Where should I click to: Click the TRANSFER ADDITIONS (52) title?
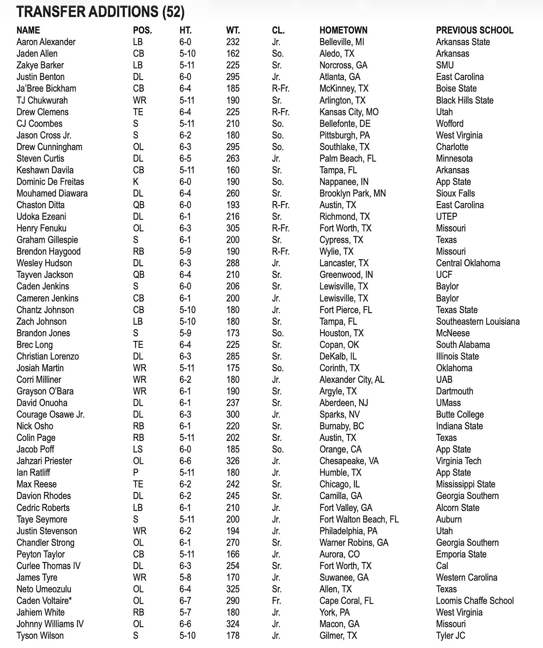100,12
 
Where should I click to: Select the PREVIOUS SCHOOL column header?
474,30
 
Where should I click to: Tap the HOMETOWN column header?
343,30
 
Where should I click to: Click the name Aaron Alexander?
46,42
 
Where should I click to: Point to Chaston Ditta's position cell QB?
138,205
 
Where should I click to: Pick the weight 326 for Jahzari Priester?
233,461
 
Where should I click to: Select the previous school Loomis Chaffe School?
474,601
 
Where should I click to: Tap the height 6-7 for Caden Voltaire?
185,601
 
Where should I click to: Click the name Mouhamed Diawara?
52,193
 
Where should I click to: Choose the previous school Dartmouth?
454,391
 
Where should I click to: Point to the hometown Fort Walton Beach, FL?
359,519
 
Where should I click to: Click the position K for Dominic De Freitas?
135,182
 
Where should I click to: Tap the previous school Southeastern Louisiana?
477,321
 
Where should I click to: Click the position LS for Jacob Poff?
138,450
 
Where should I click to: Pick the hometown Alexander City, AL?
351,379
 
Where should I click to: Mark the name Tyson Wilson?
40,636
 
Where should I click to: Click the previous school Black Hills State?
464,100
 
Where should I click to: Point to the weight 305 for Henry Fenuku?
233,228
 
